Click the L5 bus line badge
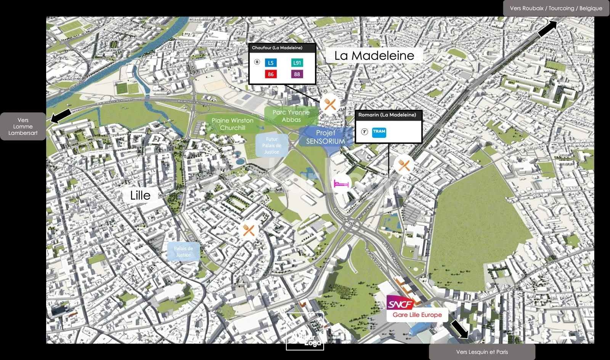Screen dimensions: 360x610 coord(271,63)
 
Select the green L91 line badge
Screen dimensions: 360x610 coord(297,63)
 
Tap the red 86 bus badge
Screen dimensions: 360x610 coord(271,74)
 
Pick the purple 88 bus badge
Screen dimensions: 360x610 coord(297,74)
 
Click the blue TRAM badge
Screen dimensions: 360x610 coord(379,132)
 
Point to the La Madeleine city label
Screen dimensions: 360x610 coord(374,56)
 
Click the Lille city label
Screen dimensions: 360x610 coord(140,195)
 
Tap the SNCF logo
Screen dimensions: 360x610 coord(400,304)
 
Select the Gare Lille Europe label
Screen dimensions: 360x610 coord(417,315)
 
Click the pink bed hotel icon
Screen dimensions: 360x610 coord(341,184)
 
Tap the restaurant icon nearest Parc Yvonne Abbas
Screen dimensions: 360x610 coord(330,104)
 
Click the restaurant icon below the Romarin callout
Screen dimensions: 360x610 coord(404,165)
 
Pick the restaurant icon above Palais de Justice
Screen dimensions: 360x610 coord(249,230)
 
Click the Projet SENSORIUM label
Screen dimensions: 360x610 coord(326,137)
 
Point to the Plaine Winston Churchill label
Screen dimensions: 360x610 coord(233,124)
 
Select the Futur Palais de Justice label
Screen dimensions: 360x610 coord(272,146)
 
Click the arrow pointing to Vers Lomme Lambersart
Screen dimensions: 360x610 coord(61,116)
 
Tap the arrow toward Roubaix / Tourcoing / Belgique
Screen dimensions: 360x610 coord(547,29)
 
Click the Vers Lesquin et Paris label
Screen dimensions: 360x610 coord(482,352)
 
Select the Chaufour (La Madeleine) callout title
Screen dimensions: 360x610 coord(277,48)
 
